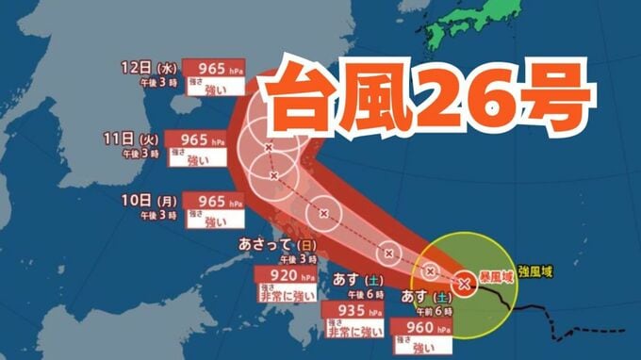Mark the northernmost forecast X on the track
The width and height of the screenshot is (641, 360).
(269, 147)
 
